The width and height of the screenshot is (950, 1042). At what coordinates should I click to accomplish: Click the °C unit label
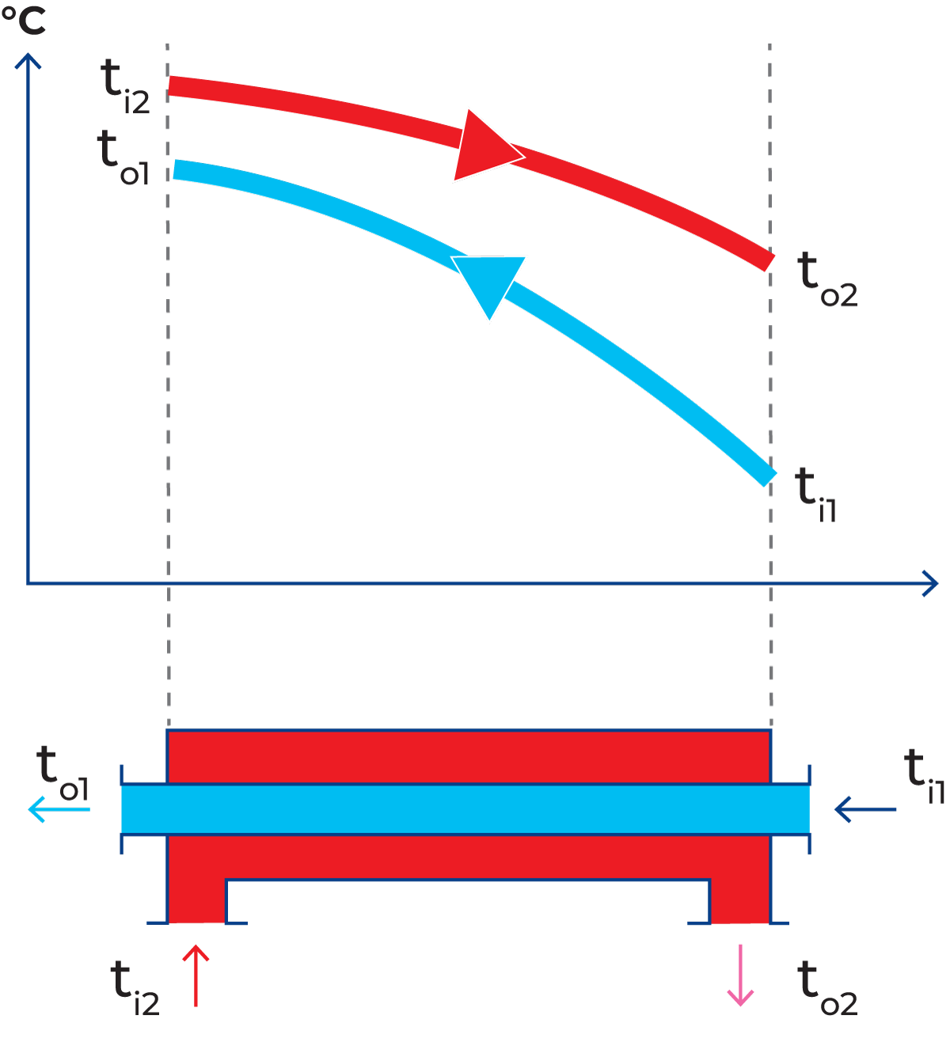pyautogui.click(x=24, y=21)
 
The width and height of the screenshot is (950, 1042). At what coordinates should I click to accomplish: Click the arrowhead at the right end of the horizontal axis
pyautogui.click(x=930, y=584)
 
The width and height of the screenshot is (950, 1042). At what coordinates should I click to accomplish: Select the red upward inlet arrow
pyautogui.click(x=196, y=975)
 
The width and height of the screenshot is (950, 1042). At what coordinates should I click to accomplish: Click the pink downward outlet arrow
pyautogui.click(x=740, y=976)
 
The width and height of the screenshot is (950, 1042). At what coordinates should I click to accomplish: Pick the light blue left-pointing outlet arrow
pyautogui.click(x=59, y=809)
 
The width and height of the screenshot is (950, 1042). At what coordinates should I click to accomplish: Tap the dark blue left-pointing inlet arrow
pyautogui.click(x=864, y=809)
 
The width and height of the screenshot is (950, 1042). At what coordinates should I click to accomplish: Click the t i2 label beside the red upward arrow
pyautogui.click(x=135, y=988)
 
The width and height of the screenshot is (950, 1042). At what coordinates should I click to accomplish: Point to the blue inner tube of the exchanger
pyautogui.click(x=465, y=809)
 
